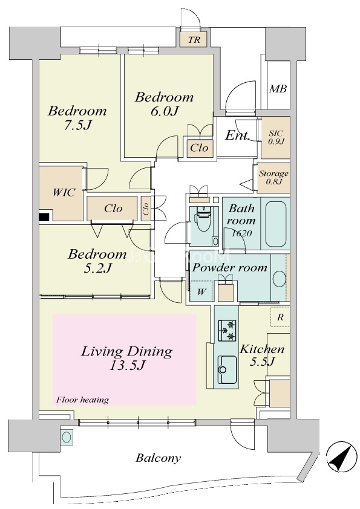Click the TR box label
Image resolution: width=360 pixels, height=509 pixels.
pyautogui.click(x=194, y=40)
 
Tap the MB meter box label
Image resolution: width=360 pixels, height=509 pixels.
pyautogui.click(x=278, y=88)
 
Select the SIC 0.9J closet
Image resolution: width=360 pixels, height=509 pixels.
pyautogui.click(x=275, y=137)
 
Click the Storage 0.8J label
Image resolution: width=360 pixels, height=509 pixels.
pyautogui.click(x=273, y=178)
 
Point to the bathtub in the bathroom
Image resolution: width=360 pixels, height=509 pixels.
pyautogui.click(x=276, y=224)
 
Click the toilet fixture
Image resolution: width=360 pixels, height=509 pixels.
pyautogui.click(x=203, y=218)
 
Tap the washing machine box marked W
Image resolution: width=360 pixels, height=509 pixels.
pyautogui.click(x=201, y=291)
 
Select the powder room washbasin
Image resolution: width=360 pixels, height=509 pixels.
pyautogui.click(x=279, y=278)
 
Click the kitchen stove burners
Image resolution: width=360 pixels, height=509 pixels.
pyautogui.click(x=227, y=331)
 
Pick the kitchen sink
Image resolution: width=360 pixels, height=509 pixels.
pyautogui.click(x=227, y=369)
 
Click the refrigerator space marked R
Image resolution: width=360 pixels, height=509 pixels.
pyautogui.click(x=280, y=317)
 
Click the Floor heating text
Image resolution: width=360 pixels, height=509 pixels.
pyautogui.click(x=82, y=400)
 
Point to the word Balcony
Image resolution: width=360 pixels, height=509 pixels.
pyautogui.click(x=159, y=458)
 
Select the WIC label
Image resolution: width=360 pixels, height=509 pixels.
pyautogui.click(x=64, y=192)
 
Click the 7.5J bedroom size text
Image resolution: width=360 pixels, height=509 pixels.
pyautogui.click(x=77, y=125)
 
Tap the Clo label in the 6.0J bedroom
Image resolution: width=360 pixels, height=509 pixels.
pyautogui.click(x=199, y=148)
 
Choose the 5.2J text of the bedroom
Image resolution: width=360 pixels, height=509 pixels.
pyautogui.click(x=98, y=268)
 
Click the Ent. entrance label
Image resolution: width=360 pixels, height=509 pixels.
pyautogui.click(x=238, y=135)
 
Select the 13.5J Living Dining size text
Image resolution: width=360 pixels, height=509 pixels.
pyautogui.click(x=126, y=366)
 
